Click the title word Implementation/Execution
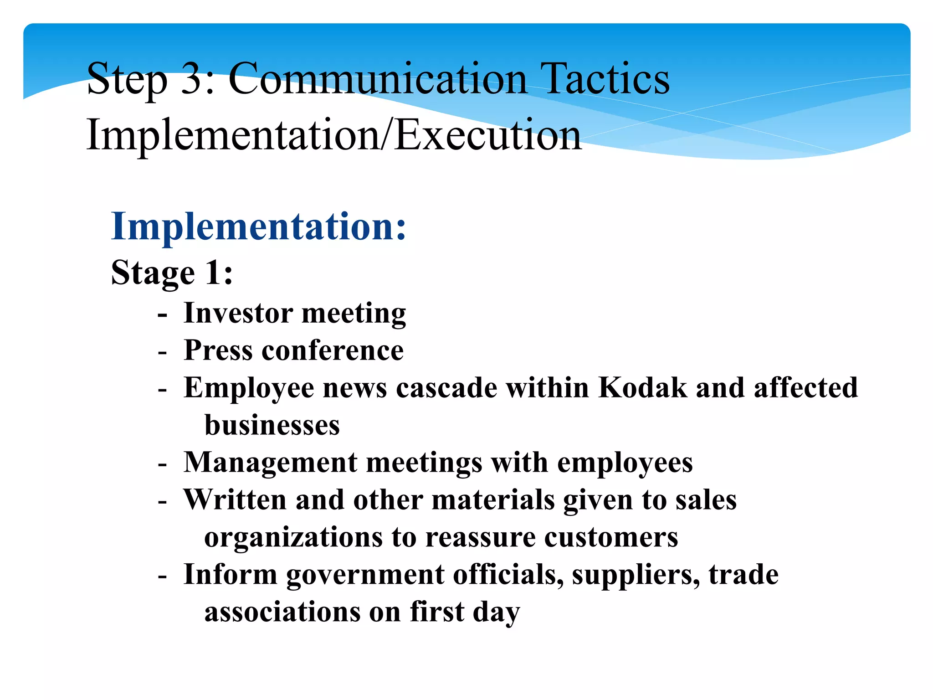click(334, 135)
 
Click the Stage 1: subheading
click(172, 273)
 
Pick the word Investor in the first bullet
click(238, 313)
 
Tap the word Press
click(218, 350)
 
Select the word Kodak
click(642, 388)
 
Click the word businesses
click(272, 425)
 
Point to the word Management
click(270, 463)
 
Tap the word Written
click(235, 500)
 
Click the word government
click(365, 575)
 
